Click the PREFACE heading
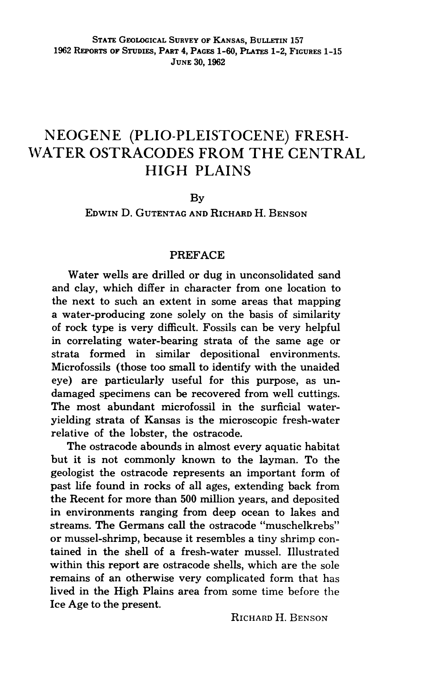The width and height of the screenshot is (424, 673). (197, 255)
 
